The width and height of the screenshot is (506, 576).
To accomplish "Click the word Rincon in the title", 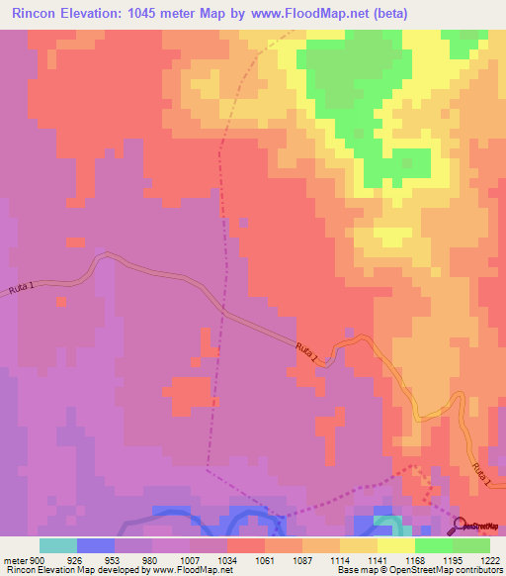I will (x=37, y=13).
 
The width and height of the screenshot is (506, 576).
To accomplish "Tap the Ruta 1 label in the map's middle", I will (x=307, y=352).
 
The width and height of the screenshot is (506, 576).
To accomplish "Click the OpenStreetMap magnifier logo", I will (x=461, y=526).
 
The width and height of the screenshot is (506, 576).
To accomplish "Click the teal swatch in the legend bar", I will (x=57, y=545).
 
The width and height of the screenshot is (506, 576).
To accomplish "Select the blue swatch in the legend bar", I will (x=95, y=545).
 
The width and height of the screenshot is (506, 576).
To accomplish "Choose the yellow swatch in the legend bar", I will (x=395, y=545).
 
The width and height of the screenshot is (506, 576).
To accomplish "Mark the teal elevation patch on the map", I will (x=388, y=522).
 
